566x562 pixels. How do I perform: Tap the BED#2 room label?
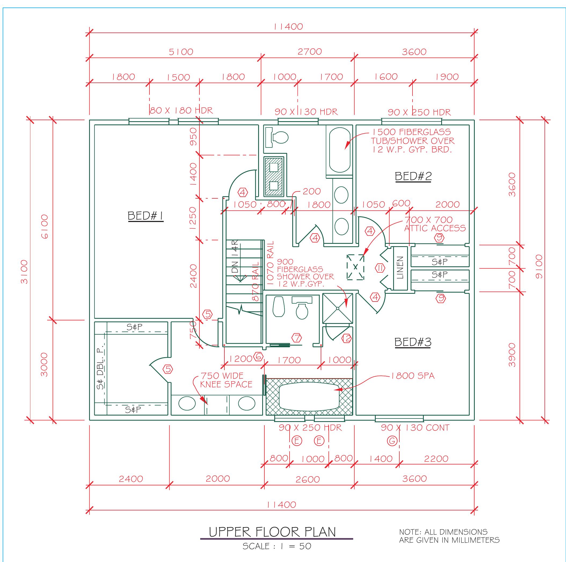(x=413, y=176)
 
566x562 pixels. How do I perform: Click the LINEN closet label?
(x=400, y=267)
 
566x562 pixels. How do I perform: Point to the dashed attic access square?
(x=355, y=267)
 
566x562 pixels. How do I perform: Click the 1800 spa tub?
(x=309, y=396)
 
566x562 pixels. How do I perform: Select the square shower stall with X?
(x=338, y=308)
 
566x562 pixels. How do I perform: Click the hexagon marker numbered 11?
(x=380, y=268)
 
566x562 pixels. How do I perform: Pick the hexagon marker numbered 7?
(x=297, y=338)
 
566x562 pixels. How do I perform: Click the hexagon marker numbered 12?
(x=347, y=338)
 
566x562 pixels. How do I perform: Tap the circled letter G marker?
(x=392, y=441)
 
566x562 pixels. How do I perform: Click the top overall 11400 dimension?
(x=288, y=27)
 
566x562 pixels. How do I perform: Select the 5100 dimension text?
(x=181, y=52)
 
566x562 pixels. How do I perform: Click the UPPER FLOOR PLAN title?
(x=272, y=532)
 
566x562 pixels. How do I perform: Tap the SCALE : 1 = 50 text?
(x=276, y=546)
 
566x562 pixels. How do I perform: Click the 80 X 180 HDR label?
(x=181, y=110)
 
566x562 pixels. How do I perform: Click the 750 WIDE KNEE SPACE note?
(x=226, y=380)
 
